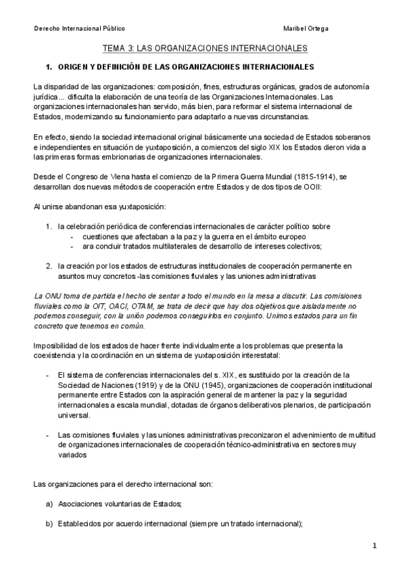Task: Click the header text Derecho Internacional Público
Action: (x=79, y=29)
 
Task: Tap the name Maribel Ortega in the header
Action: (x=308, y=29)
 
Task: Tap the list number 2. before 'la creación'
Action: (x=49, y=266)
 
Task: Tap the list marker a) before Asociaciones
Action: (x=49, y=504)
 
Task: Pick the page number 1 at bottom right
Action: (x=374, y=546)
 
